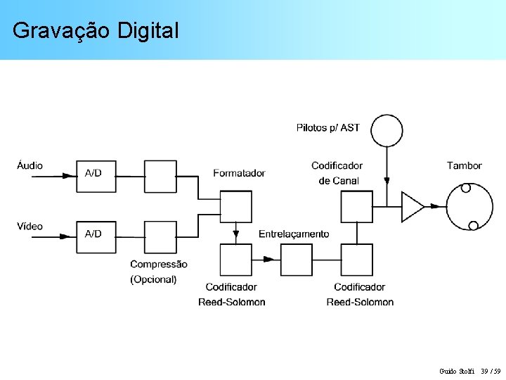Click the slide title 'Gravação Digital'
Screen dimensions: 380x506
point(96,30)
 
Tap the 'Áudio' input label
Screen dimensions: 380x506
point(30,166)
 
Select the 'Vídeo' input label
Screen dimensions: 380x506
point(30,227)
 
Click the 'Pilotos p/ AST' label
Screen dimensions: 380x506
point(327,127)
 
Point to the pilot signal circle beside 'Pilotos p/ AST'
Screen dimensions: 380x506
point(387,130)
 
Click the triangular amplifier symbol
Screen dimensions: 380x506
point(412,207)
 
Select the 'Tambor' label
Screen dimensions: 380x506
point(464,166)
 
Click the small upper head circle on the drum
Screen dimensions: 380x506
point(465,188)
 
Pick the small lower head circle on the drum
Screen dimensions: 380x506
point(473,225)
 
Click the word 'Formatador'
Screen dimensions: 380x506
point(239,173)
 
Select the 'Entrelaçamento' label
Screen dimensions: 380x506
point(294,234)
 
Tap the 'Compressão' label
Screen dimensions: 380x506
point(159,265)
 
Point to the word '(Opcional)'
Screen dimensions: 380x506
point(153,279)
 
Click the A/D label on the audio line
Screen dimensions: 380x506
point(93,173)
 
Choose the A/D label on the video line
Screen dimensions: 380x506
point(93,234)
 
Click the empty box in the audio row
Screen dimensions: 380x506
point(160,176)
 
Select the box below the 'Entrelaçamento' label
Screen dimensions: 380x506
point(296,260)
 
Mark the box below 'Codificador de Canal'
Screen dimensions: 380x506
point(356,206)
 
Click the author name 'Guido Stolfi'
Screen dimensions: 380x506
point(457,371)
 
